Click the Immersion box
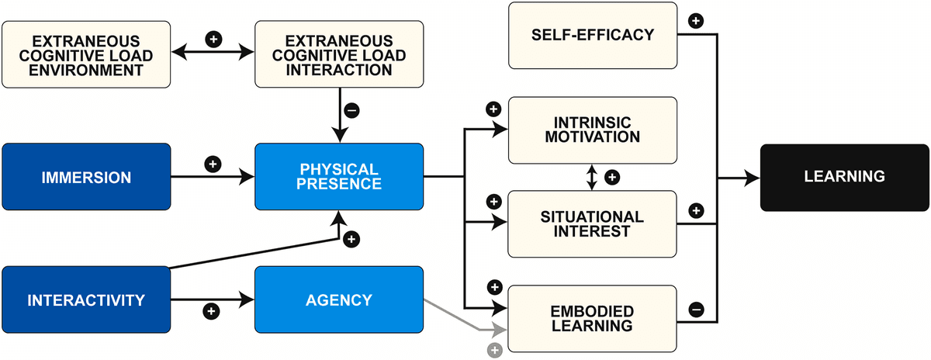click(86, 177)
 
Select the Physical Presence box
click(339, 177)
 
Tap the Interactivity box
click(86, 299)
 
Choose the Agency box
click(339, 299)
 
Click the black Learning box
click(844, 177)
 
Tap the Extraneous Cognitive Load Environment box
click(86, 54)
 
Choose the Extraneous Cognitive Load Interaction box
click(339, 54)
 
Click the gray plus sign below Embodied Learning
click(494, 350)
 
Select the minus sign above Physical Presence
click(351, 111)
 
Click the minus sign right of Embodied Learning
click(696, 310)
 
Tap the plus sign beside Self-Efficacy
click(696, 21)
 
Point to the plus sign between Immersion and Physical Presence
click(213, 164)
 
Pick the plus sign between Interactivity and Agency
click(209, 311)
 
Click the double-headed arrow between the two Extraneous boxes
click(213, 54)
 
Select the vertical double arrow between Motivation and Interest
click(592, 177)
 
